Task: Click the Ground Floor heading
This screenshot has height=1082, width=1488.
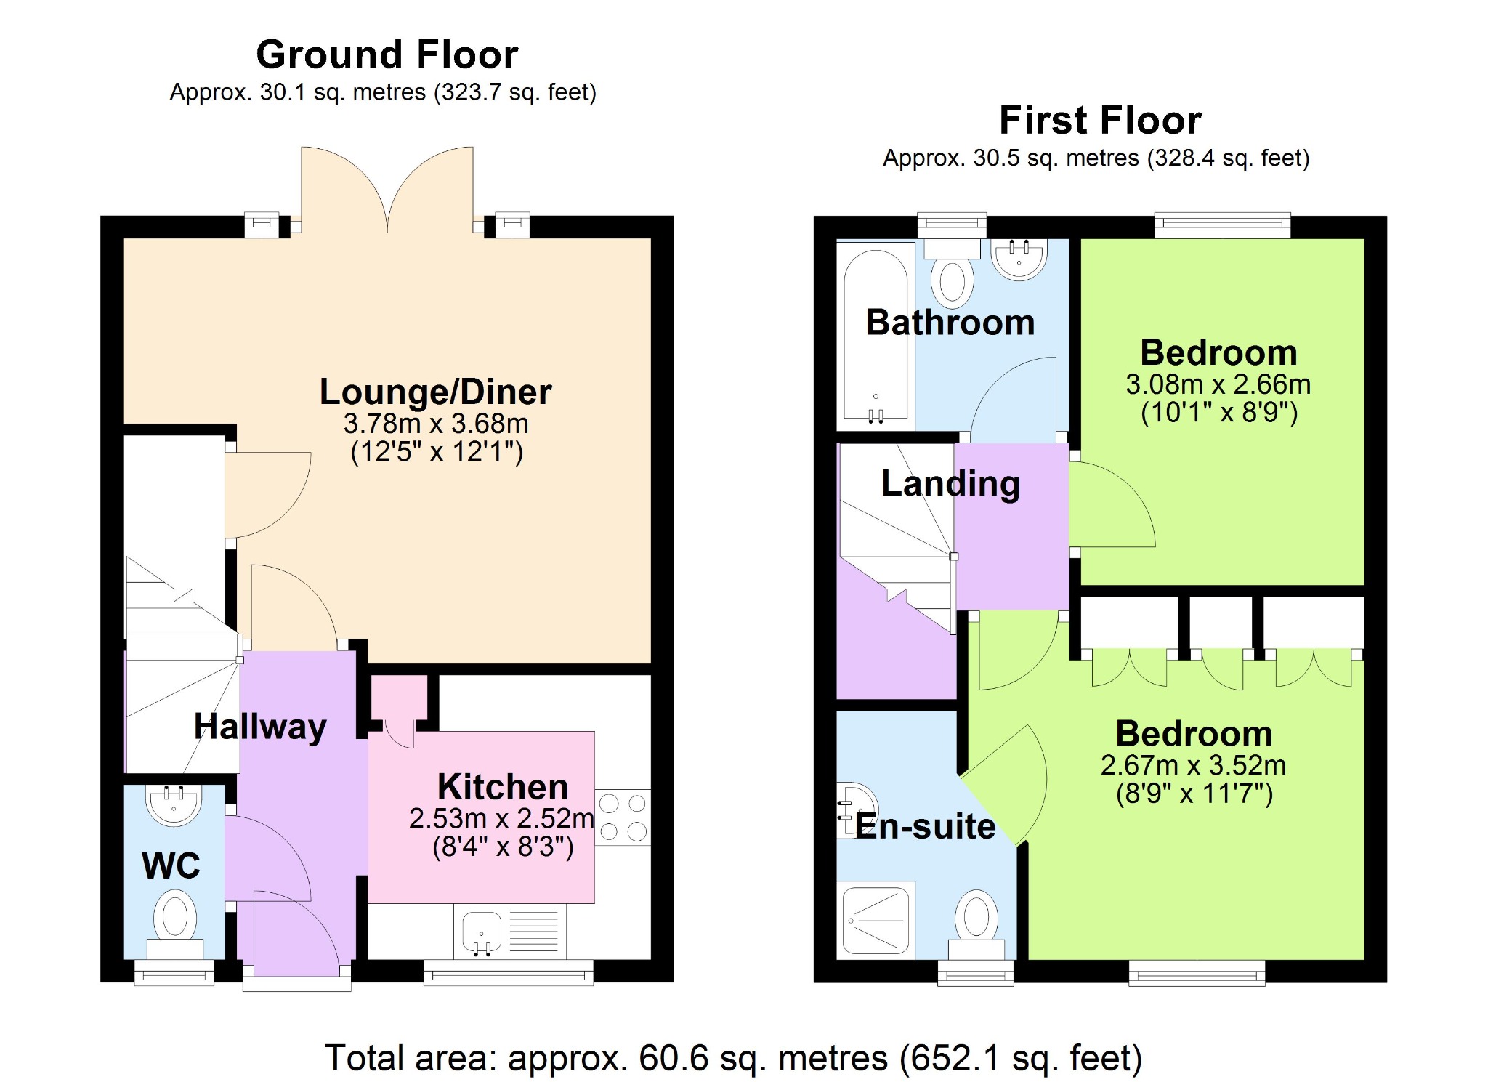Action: [387, 54]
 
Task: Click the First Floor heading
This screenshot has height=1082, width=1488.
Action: [1100, 120]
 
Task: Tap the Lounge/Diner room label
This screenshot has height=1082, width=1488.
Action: [435, 392]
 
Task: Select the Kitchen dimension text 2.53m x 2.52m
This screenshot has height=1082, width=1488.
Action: [501, 819]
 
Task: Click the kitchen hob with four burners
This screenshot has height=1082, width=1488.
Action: [623, 817]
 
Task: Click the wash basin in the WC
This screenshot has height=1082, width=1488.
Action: [174, 806]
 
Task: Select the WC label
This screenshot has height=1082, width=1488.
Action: [171, 865]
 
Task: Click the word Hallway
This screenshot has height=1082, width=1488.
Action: [260, 727]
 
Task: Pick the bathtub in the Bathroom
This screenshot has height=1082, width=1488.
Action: [876, 336]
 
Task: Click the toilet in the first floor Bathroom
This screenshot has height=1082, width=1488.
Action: [952, 272]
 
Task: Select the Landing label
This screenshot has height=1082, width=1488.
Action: [950, 484]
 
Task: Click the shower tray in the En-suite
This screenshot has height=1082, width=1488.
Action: [876, 919]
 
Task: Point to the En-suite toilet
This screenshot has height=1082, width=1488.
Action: [975, 926]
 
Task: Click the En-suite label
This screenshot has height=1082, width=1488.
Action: [925, 826]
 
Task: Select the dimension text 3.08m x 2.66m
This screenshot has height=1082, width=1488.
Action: [1218, 384]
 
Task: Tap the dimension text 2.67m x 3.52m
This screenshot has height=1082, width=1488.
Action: [1193, 765]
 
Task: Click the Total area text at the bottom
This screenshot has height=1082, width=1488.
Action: [733, 1059]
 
